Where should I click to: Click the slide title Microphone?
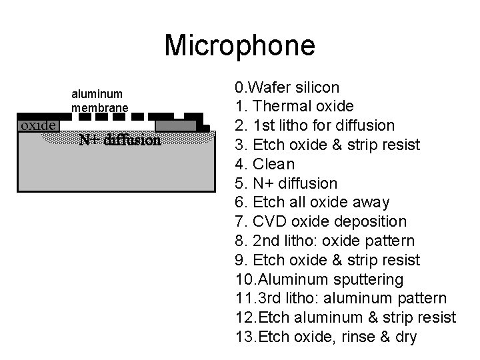click(239, 45)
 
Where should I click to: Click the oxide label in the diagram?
click(38, 125)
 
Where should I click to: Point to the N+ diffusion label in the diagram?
click(119, 141)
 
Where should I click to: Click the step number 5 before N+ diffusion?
click(239, 183)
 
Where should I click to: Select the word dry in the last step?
click(405, 337)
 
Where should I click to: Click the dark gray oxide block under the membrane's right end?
click(175, 125)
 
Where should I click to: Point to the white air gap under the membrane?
click(107, 125)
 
